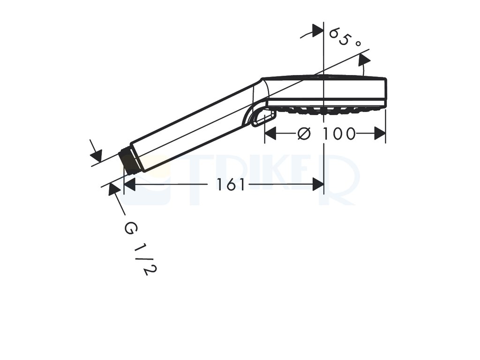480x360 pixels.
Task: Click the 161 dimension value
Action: click(231, 184)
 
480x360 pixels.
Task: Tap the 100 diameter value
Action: click(339, 134)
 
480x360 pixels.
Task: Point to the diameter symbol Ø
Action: click(304, 134)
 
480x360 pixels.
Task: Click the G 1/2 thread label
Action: click(141, 248)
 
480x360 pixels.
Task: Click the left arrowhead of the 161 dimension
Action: click(129, 184)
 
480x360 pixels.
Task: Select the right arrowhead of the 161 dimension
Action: click(318, 184)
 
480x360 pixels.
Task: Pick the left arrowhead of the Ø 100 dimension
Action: click(270, 134)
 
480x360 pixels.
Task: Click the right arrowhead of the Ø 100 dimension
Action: click(380, 134)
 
